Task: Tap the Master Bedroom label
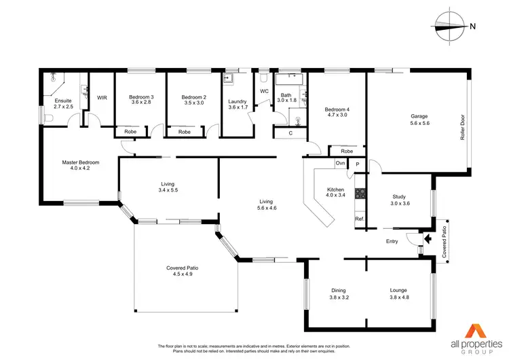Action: pyautogui.click(x=81, y=162)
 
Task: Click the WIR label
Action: pyautogui.click(x=102, y=98)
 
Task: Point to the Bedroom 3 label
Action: pyautogui.click(x=141, y=97)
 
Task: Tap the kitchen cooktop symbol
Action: pyautogui.click(x=360, y=193)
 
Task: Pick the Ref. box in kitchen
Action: pyautogui.click(x=360, y=219)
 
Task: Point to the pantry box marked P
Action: pyautogui.click(x=358, y=164)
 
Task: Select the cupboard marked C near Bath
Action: pyautogui.click(x=290, y=133)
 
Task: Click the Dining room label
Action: pyautogui.click(x=338, y=290)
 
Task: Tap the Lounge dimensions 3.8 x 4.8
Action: pyautogui.click(x=399, y=297)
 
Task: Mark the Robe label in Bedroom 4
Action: pyautogui.click(x=347, y=151)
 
